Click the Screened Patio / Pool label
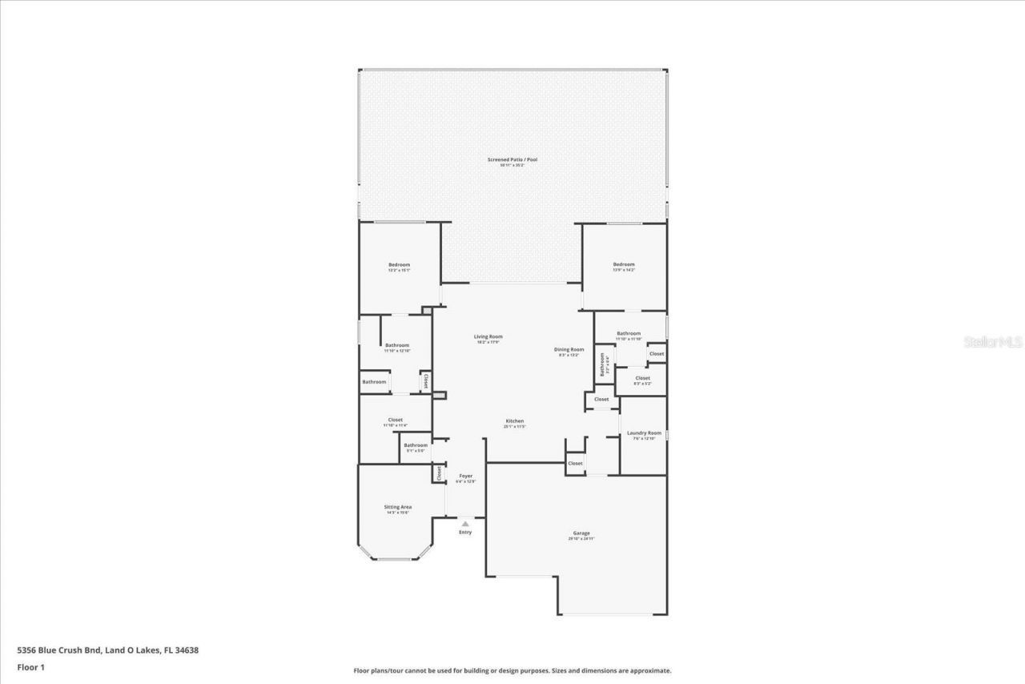[x=512, y=159]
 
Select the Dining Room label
[x=569, y=349]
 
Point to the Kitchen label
[x=514, y=421]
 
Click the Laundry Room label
[x=644, y=433]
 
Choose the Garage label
[x=581, y=533]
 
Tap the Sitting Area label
[x=398, y=507]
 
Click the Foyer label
[x=465, y=476]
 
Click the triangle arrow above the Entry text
[x=465, y=524]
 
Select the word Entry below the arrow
[x=465, y=533]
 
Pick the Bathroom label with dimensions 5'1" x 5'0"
[x=416, y=445]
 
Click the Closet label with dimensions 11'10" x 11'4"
[x=396, y=420]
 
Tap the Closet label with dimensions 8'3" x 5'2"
[x=642, y=378]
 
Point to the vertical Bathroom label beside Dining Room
[x=603, y=364]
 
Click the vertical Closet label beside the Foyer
[x=439, y=473]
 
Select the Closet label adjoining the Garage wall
[x=575, y=463]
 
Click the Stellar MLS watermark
[x=993, y=342]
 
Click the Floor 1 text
[x=30, y=666]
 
